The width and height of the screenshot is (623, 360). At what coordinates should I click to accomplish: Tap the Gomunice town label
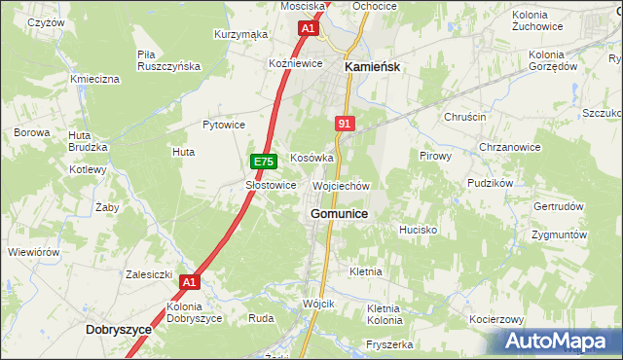[x=339, y=213]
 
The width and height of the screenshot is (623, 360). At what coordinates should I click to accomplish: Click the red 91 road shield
[x=345, y=124]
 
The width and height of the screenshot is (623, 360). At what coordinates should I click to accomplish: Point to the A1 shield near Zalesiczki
[x=190, y=283]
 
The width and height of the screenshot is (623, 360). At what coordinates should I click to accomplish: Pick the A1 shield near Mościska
[x=308, y=29]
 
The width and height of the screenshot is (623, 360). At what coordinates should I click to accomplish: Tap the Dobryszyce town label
[x=119, y=330]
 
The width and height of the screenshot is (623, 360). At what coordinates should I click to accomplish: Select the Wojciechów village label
[x=341, y=185]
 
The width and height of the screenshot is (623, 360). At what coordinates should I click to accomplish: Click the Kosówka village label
[x=312, y=158]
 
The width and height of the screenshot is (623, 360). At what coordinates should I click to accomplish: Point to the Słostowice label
[x=270, y=185]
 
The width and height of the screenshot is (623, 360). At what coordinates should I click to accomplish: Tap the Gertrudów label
[x=559, y=207]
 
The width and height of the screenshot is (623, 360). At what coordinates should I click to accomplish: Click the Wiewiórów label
[x=34, y=252]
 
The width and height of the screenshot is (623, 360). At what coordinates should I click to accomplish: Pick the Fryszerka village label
[x=389, y=344]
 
